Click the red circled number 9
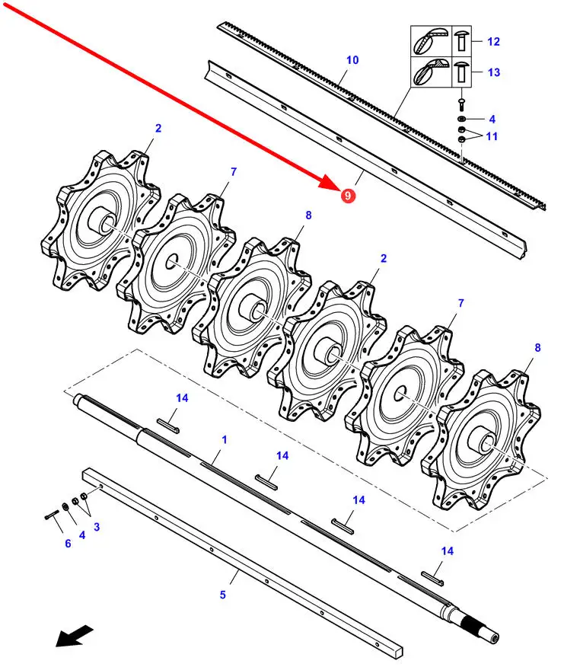coord(348,196)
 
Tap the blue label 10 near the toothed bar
coord(352,60)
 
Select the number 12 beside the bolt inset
coord(493,42)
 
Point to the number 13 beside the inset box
coord(494,72)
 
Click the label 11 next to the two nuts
coord(492,136)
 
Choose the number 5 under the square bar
coord(223,595)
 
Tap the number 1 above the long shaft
coord(225,439)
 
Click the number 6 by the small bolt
coord(68,543)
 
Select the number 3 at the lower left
coord(97,527)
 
